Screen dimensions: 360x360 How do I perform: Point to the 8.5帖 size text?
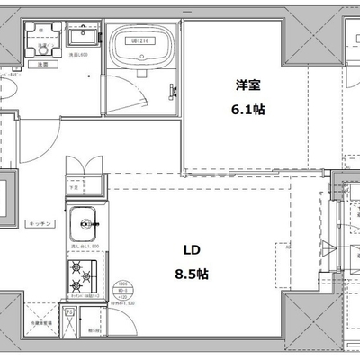pos(191,274)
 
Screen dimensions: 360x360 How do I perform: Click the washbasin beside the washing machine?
pos(82,39)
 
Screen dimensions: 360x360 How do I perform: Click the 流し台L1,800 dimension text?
pos(82,244)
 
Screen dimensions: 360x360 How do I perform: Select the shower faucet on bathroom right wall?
pos(171,87)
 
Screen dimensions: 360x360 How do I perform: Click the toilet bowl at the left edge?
pos(4,93)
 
